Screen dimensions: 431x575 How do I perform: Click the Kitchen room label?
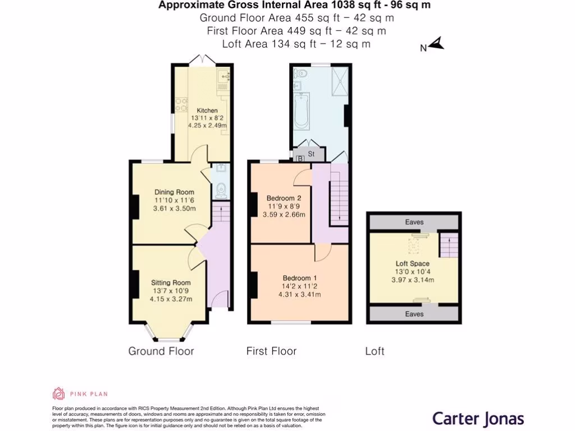[x=204, y=111]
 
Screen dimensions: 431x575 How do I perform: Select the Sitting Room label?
[x=171, y=283]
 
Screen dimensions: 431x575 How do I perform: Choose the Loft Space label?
[x=412, y=263]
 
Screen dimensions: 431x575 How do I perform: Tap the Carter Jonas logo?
[x=478, y=418]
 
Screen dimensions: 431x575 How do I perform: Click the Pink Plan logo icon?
[x=58, y=393]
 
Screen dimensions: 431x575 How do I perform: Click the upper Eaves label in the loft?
[x=414, y=222]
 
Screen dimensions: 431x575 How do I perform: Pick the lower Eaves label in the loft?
[x=414, y=314]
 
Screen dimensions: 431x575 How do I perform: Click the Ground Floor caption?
[x=161, y=351]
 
